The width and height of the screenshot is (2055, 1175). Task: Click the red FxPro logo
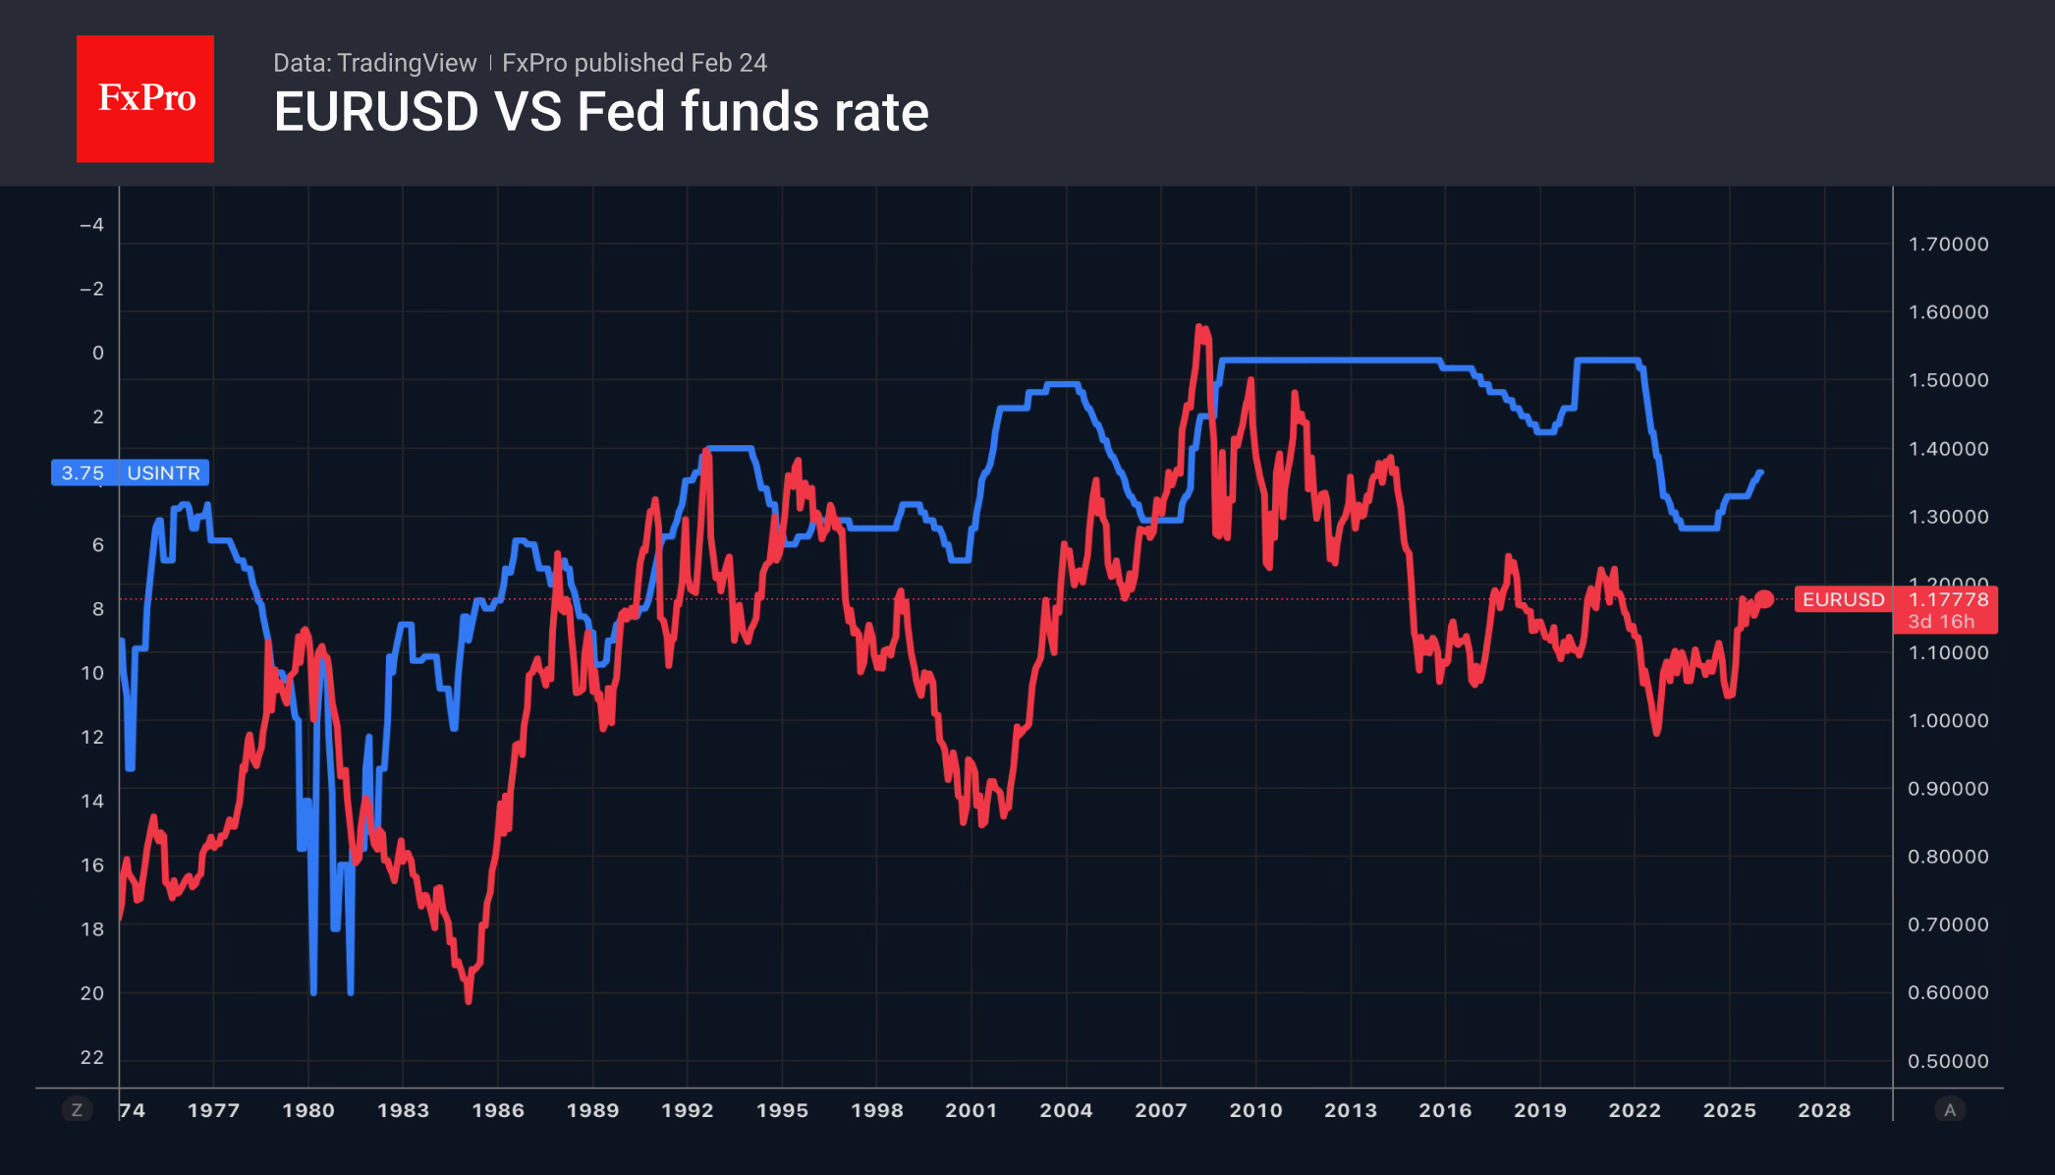tap(145, 98)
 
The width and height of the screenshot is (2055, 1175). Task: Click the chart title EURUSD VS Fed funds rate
tap(601, 112)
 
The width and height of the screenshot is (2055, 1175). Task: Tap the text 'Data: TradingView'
tap(374, 63)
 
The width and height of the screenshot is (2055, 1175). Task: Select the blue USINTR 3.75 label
tap(130, 473)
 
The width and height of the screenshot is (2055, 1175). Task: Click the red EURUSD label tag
tap(1843, 599)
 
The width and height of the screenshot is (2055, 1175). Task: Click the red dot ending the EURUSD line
tap(1764, 599)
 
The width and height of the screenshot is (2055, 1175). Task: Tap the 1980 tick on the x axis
tap(308, 1110)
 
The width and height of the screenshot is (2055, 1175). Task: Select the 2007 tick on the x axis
tap(1161, 1110)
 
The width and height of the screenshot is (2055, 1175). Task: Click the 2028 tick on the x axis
tap(1824, 1110)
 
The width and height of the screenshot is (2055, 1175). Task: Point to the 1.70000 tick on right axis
tap(1948, 244)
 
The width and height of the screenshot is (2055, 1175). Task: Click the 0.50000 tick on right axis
tap(1948, 1061)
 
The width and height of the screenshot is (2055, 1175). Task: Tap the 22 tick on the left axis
tap(92, 1057)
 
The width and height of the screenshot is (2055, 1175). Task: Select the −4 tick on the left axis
tap(91, 225)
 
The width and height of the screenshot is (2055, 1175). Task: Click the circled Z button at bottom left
tap(77, 1110)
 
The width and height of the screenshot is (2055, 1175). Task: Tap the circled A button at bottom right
tap(1950, 1110)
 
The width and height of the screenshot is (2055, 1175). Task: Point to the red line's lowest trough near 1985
tap(469, 1000)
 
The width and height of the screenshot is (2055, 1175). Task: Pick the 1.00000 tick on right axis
tap(1948, 720)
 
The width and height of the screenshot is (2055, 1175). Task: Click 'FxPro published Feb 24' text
tap(635, 63)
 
